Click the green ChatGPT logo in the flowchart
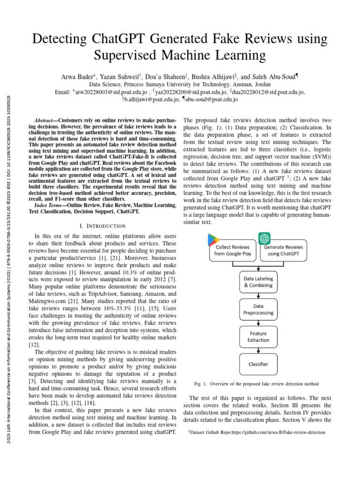coord(264,238)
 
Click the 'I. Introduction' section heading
coord(102,226)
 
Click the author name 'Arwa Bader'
coord(79,75)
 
